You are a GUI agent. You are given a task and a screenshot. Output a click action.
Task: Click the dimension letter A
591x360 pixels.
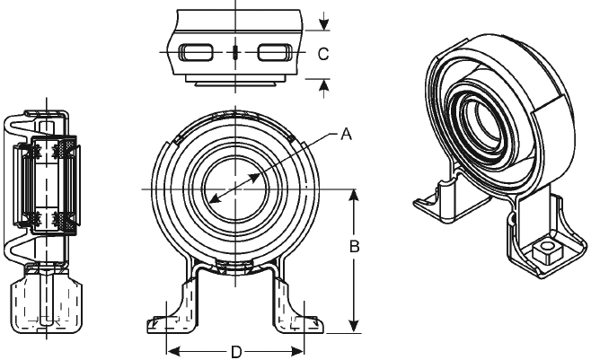pos(346,134)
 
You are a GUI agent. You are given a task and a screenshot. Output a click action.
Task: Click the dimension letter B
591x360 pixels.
pos(354,247)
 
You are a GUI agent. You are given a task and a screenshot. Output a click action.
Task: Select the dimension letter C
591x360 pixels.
pos(323,54)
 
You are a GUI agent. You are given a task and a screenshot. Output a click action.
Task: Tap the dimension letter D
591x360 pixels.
pos(236,353)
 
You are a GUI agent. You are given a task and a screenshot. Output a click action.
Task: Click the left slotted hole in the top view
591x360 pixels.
pos(196,52)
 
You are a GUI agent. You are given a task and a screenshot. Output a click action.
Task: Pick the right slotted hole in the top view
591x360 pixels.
pos(275,52)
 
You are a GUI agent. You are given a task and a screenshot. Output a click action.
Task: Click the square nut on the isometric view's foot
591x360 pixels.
pos(545,251)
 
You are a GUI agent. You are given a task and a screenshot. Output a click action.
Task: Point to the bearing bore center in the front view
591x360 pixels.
pos(235,189)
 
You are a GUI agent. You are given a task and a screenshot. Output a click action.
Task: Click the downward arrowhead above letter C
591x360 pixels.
pos(323,24)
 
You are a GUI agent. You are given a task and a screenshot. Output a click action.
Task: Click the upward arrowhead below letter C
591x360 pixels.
pos(323,85)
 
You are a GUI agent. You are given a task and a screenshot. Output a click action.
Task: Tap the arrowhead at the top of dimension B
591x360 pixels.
pos(354,197)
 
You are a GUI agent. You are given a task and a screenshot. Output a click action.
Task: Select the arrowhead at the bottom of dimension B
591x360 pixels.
pos(354,326)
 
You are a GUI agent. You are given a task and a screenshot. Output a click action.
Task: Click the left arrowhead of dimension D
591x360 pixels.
pos(173,352)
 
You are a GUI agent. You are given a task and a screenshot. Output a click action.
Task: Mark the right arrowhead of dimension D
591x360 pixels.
pos(297,352)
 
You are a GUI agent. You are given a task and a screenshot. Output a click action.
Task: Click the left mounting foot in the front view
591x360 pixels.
pos(173,307)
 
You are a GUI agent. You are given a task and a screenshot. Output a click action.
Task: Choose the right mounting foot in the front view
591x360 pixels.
pos(298,307)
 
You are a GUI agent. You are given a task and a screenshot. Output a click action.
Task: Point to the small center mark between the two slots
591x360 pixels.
pos(235,52)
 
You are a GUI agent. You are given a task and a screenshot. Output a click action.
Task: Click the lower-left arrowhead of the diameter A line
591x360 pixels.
pos(214,199)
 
